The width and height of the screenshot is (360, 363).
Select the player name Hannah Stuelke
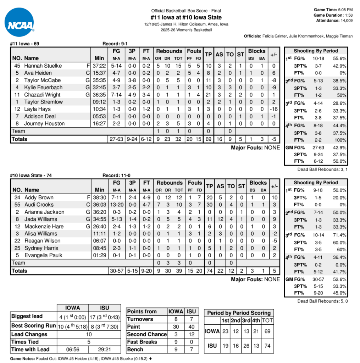coord(43,66)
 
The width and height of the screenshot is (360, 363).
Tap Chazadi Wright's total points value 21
coord(209,95)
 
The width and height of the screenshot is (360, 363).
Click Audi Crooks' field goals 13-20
coord(117,205)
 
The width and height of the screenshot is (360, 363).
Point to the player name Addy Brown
coord(39,197)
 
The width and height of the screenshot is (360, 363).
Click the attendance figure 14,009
coord(345,21)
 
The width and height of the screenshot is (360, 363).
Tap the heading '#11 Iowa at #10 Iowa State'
coord(186,17)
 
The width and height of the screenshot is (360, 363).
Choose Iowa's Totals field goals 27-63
coord(116,139)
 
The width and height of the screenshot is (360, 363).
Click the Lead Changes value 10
coord(89,334)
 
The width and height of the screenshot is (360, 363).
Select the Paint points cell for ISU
coord(191,326)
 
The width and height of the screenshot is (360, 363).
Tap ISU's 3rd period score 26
coord(246,346)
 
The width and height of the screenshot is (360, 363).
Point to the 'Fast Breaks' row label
coord(142,342)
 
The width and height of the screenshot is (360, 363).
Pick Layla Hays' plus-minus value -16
coord(273,109)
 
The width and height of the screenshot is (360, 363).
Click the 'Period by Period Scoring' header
coord(239,313)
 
